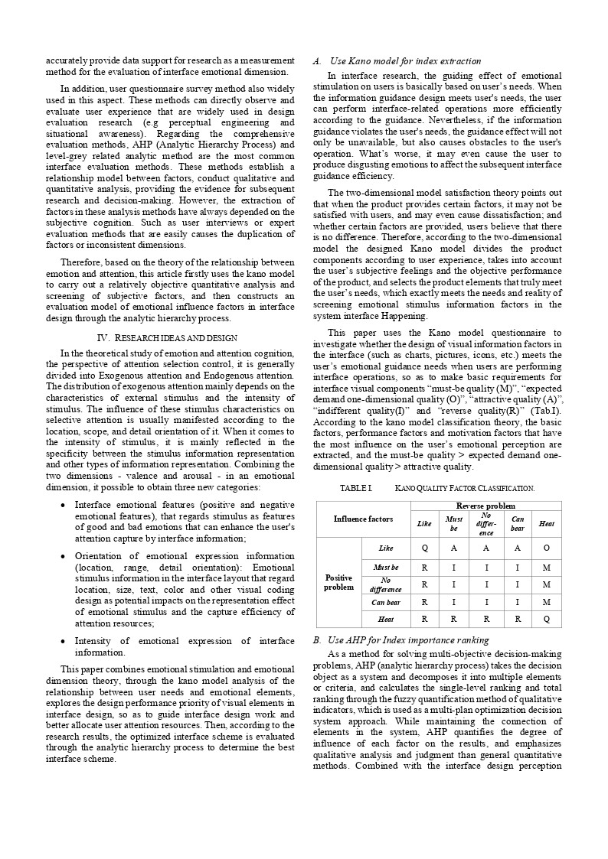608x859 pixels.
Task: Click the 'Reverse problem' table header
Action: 485,506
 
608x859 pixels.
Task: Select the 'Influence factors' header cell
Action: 363,519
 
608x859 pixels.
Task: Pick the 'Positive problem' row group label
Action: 338,583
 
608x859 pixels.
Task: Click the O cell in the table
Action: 546,548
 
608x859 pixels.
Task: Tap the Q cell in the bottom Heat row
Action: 546,620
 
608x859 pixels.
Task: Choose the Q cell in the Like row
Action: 424,548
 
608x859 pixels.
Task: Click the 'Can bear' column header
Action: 518,523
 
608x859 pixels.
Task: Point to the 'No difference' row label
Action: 386,584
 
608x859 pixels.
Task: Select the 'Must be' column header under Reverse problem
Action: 453,523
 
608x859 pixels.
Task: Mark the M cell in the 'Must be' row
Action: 546,567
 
